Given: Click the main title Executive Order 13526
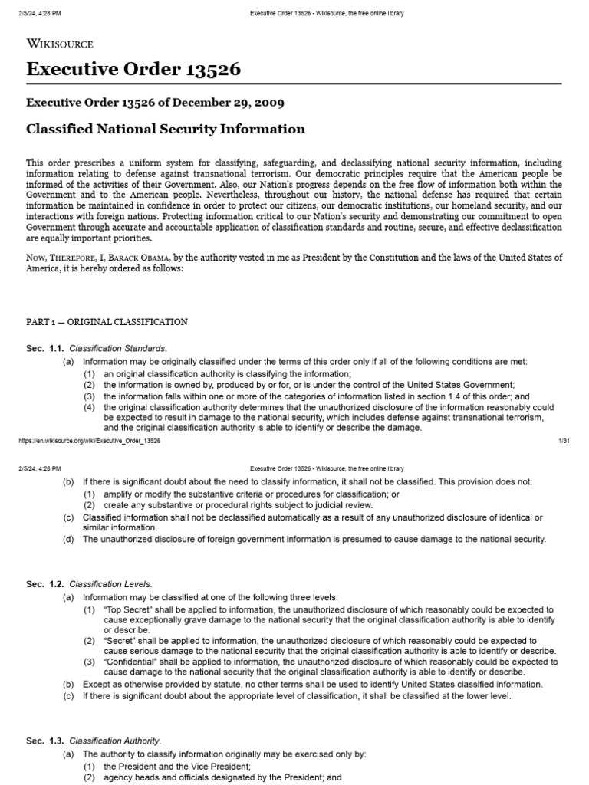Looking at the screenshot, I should (x=133, y=70).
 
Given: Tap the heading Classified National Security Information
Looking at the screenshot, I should (x=166, y=129).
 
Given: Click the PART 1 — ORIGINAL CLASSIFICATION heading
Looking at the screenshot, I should (x=107, y=321).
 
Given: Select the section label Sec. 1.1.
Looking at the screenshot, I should (x=45, y=349).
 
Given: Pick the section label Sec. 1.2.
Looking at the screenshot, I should (x=45, y=584).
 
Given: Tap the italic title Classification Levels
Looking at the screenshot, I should (x=111, y=584).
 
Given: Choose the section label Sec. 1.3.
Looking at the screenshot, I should (x=45, y=741).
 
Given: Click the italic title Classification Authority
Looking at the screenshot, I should (x=115, y=741).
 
